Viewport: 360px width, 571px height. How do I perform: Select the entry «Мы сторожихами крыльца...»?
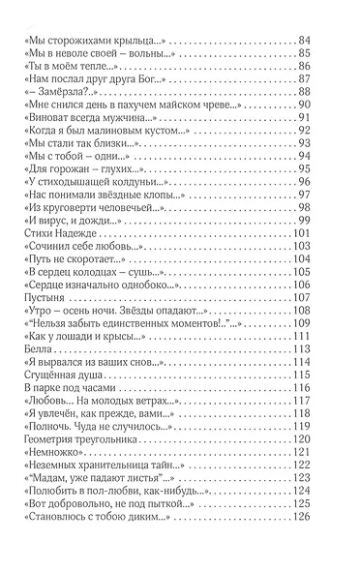click(x=90, y=40)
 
